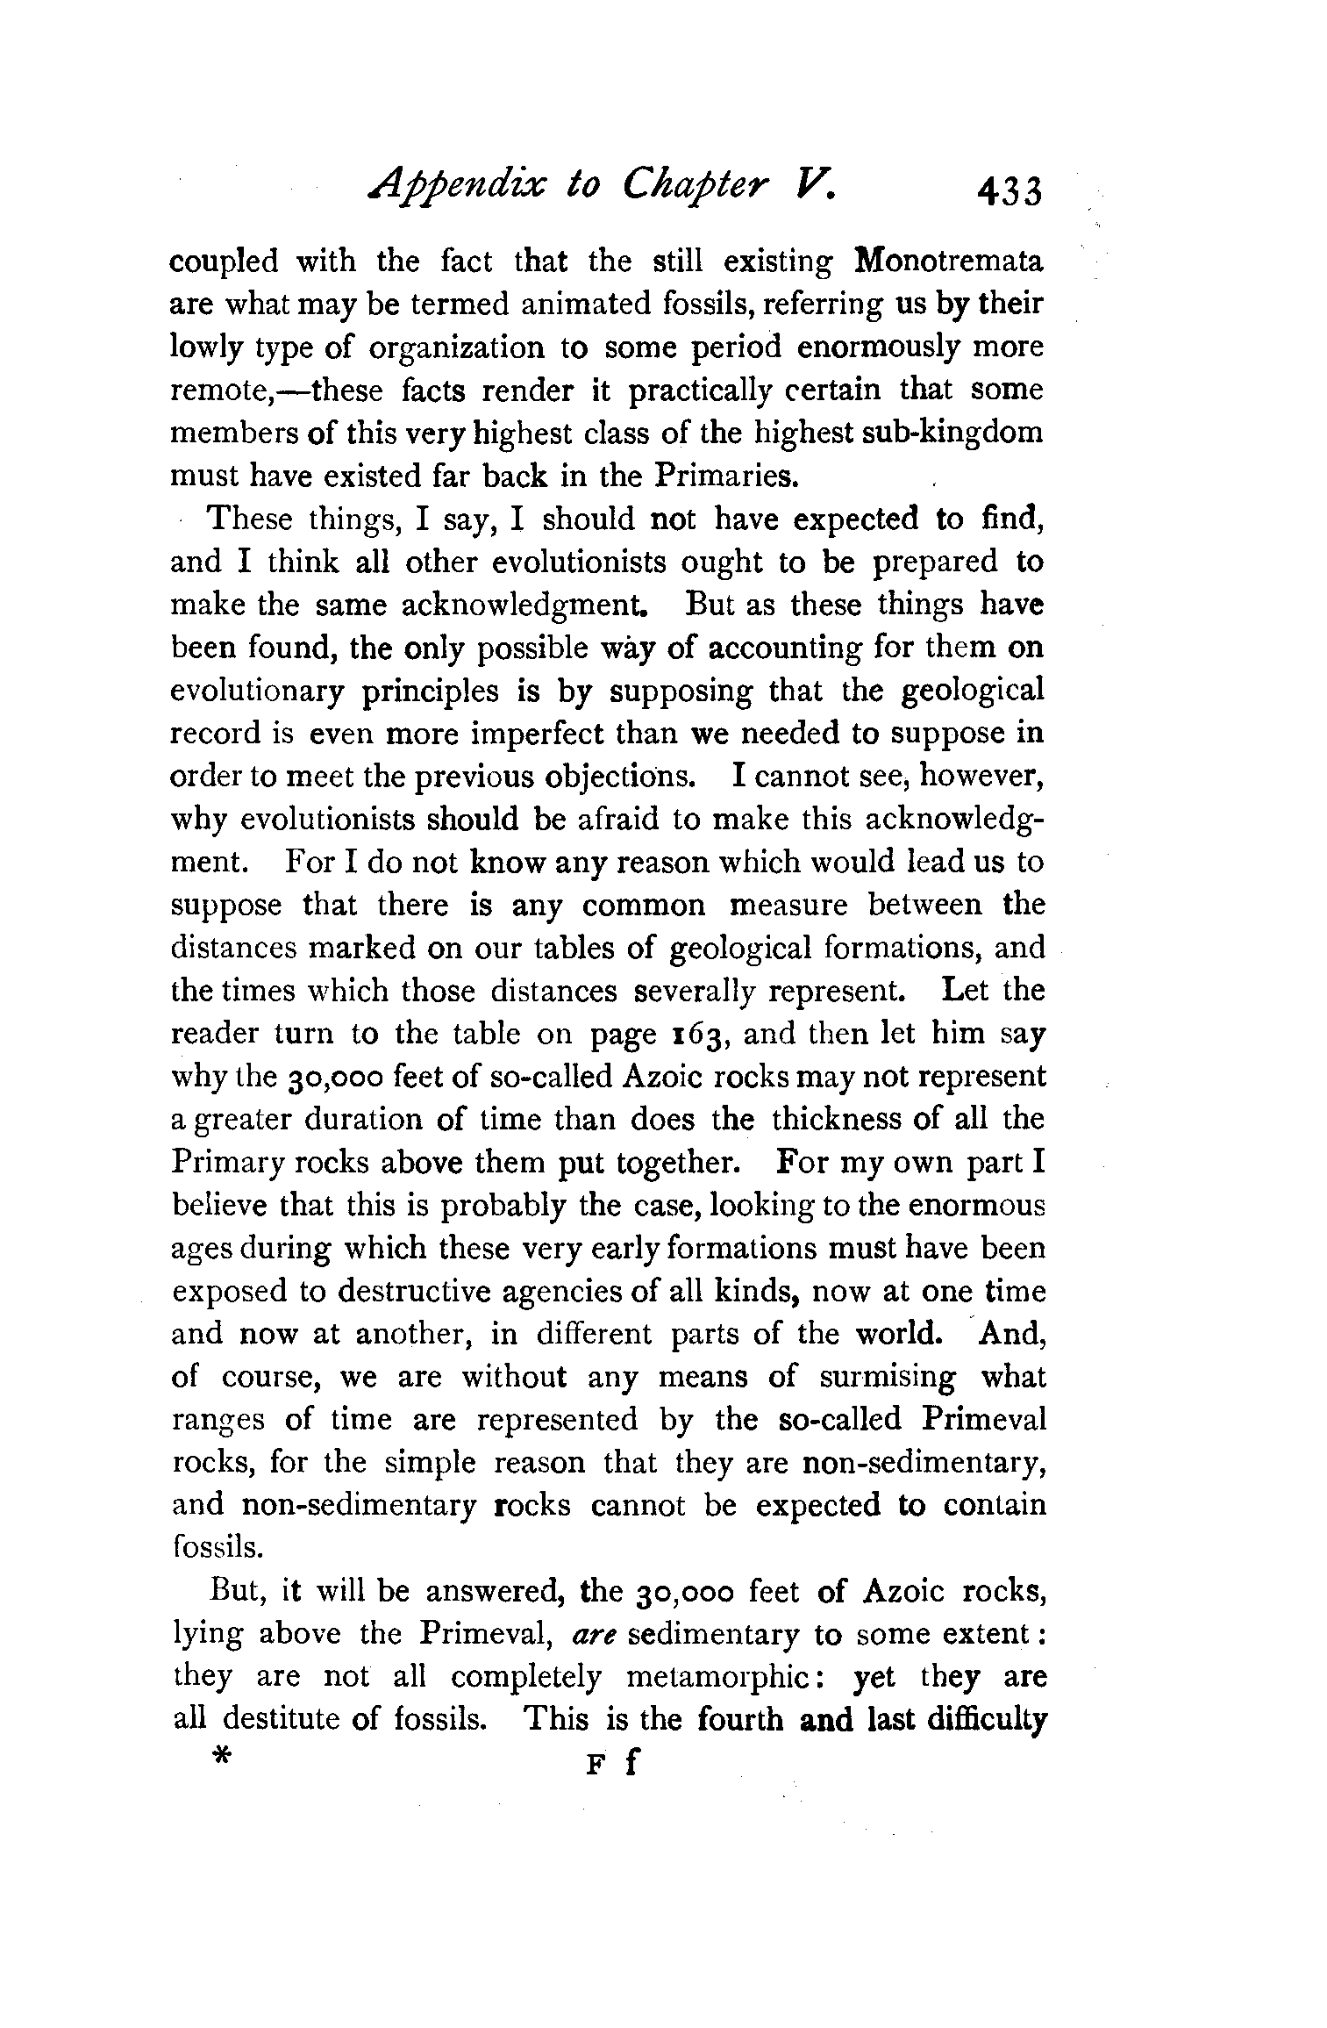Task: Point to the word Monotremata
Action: point(949,262)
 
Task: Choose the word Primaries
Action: point(727,477)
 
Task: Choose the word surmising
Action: point(887,1378)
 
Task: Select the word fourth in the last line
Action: point(740,1720)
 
